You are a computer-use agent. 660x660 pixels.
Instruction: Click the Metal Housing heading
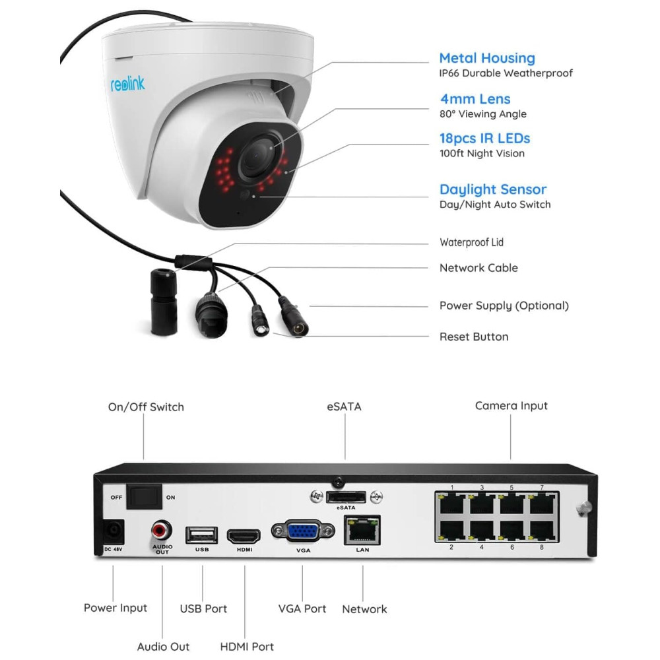[487, 58]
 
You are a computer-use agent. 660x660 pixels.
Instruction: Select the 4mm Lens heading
[475, 99]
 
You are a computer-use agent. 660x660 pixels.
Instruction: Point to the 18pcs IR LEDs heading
[484, 139]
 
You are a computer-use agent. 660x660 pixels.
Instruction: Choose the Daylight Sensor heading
[493, 189]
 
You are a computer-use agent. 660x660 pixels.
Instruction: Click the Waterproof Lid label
[471, 242]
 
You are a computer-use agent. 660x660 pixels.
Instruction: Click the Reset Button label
[474, 337]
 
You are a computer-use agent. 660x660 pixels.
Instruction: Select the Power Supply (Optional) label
[504, 306]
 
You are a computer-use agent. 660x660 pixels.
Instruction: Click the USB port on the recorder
[202, 534]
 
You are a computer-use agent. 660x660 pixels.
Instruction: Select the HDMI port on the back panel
[244, 535]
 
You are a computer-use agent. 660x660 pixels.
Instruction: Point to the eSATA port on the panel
[346, 496]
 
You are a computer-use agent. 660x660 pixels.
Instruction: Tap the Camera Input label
[511, 405]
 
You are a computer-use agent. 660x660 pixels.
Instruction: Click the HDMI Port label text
[247, 647]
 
